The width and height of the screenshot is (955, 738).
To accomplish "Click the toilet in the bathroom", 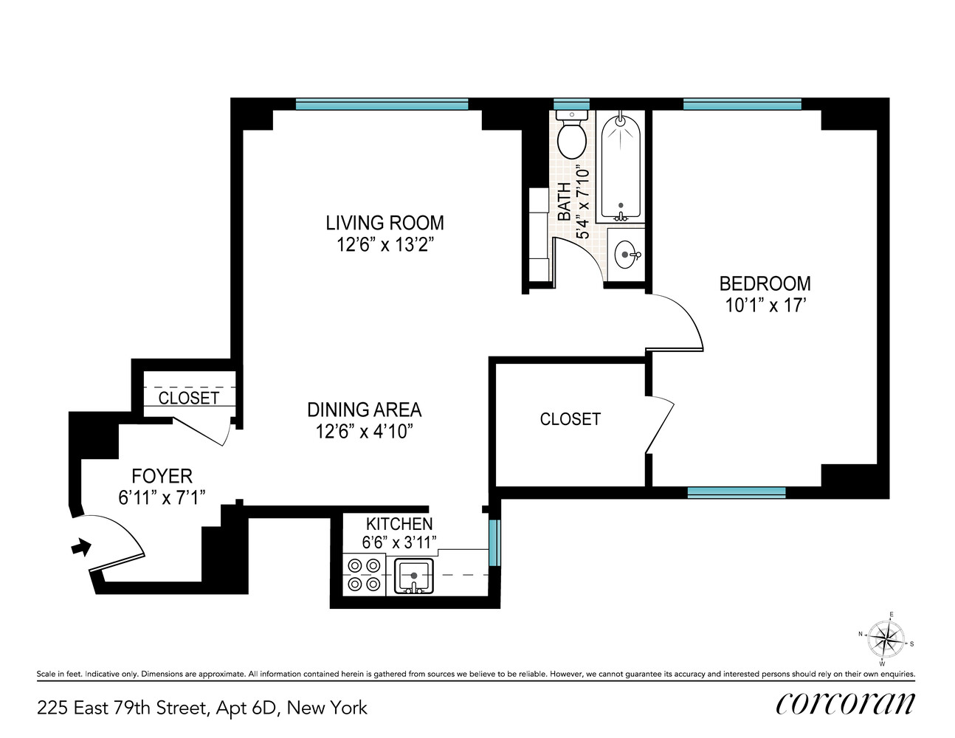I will tap(571, 137).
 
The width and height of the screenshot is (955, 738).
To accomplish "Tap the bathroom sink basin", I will tap(626, 255).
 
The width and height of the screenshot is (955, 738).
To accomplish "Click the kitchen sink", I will tap(414, 576).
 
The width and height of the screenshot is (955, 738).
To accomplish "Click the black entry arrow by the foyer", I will tap(80, 547).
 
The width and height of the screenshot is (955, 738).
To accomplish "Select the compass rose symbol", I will tap(885, 638).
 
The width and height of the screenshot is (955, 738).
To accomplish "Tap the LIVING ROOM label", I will tap(385, 223).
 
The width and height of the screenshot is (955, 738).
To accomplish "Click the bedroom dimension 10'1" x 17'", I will tap(765, 306).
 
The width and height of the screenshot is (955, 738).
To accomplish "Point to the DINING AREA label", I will tap(364, 410).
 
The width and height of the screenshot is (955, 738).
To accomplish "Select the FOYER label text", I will tap(162, 476).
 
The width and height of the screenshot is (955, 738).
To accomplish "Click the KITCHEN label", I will tap(399, 524).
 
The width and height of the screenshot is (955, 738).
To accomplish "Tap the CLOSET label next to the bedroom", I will tap(570, 419).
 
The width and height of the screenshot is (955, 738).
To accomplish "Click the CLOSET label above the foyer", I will tap(189, 398).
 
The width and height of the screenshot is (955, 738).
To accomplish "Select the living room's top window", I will tap(382, 105).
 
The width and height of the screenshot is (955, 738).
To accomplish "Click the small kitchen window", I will tap(494, 542).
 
